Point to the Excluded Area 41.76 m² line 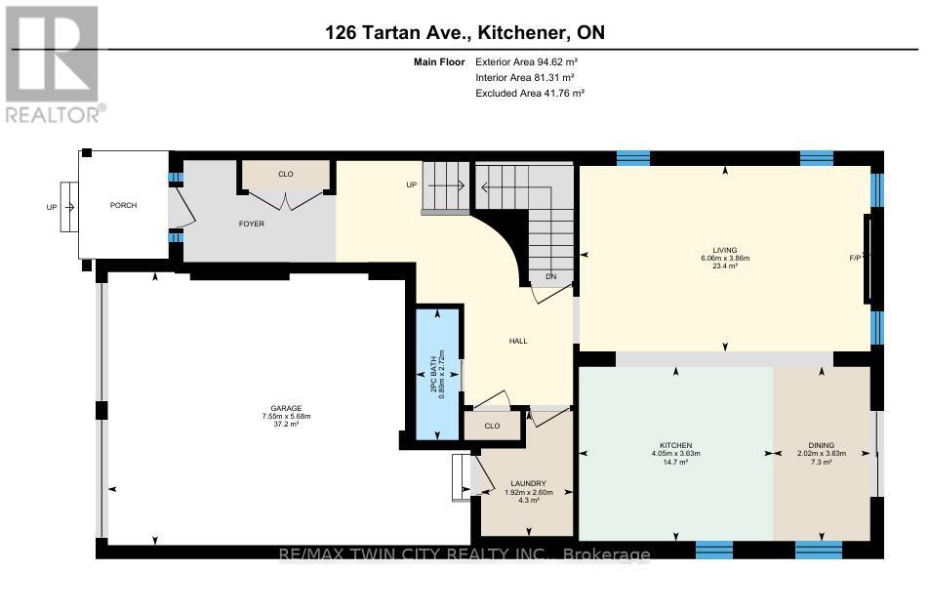(529, 93)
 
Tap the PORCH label (123, 205)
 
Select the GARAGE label (286, 408)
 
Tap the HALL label (518, 341)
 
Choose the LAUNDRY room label (527, 484)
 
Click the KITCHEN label (675, 445)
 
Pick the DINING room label (821, 445)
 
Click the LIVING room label (724, 250)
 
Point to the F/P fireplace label (855, 259)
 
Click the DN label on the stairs (550, 276)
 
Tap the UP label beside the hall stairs (413, 184)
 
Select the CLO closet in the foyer (285, 174)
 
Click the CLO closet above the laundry (493, 426)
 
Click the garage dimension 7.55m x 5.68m (286, 417)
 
